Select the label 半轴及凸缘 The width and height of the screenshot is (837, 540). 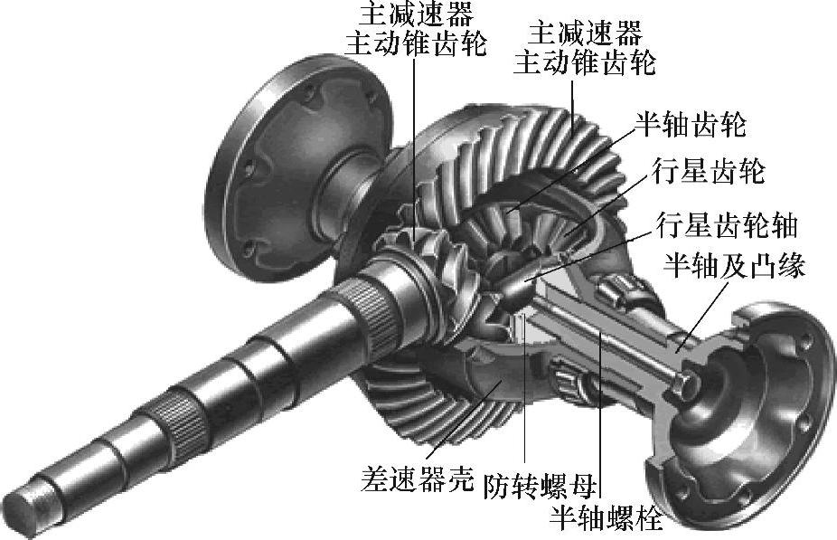pyautogui.click(x=733, y=264)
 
